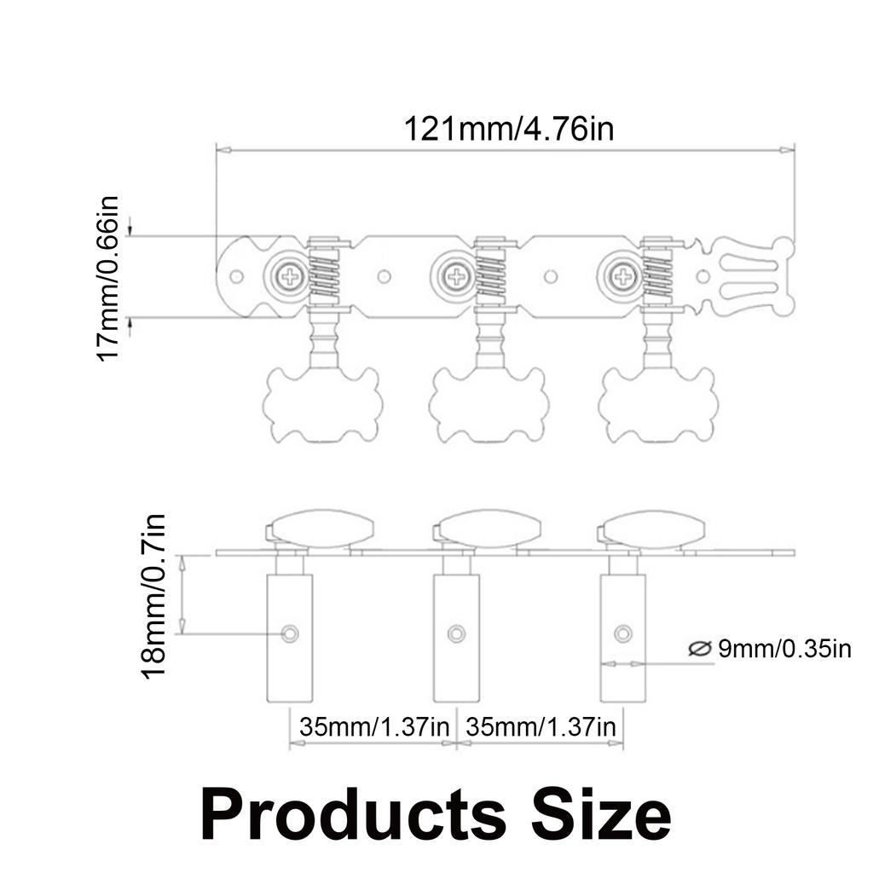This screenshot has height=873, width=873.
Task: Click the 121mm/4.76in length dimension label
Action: (509, 129)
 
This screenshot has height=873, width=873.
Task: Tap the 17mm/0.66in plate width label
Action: (108, 279)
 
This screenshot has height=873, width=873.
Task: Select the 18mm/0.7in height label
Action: (153, 596)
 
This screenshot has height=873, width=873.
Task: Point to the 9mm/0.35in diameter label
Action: (784, 649)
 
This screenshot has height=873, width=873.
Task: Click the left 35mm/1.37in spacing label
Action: (374, 726)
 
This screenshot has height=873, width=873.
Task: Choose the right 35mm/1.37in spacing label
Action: (541, 726)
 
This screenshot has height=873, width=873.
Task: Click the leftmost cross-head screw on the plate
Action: (292, 275)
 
